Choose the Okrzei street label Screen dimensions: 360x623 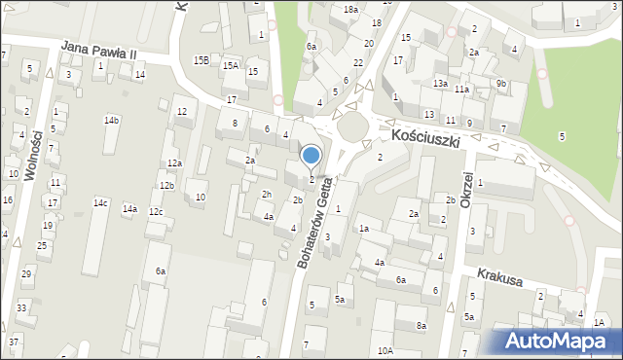click(466, 191)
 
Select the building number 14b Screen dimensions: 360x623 click(112, 121)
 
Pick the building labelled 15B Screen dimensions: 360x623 click(201, 60)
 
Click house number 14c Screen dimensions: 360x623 click(100, 203)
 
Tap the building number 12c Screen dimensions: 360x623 click(156, 212)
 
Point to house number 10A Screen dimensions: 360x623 click(385, 350)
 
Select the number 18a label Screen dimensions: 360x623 click(350, 9)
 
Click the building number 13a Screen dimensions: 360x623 click(440, 84)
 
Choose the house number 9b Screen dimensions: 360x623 click(500, 84)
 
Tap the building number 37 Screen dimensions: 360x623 click(14, 342)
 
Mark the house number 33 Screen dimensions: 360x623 click(21, 308)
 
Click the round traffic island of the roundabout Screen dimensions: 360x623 click(351, 126)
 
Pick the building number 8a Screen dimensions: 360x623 click(421, 325)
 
